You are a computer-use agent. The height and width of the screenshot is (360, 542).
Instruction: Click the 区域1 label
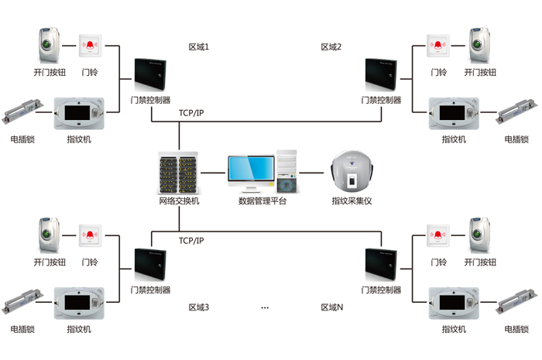pos(199,47)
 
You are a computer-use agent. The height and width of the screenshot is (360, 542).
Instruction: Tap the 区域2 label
pos(331,47)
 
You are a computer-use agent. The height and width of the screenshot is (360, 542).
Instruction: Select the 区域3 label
pos(199,307)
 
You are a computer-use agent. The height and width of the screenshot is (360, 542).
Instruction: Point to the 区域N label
pos(332,307)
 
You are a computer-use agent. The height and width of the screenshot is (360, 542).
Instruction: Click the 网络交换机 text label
pos(179,201)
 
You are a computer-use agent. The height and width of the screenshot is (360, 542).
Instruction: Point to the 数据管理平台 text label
pos(262,201)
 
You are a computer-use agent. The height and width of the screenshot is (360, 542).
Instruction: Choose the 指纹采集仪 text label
pos(352,201)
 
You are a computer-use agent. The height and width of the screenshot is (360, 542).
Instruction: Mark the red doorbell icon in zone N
pos(438,235)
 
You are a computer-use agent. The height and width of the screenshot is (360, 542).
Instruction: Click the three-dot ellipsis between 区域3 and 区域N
pos(265,308)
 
